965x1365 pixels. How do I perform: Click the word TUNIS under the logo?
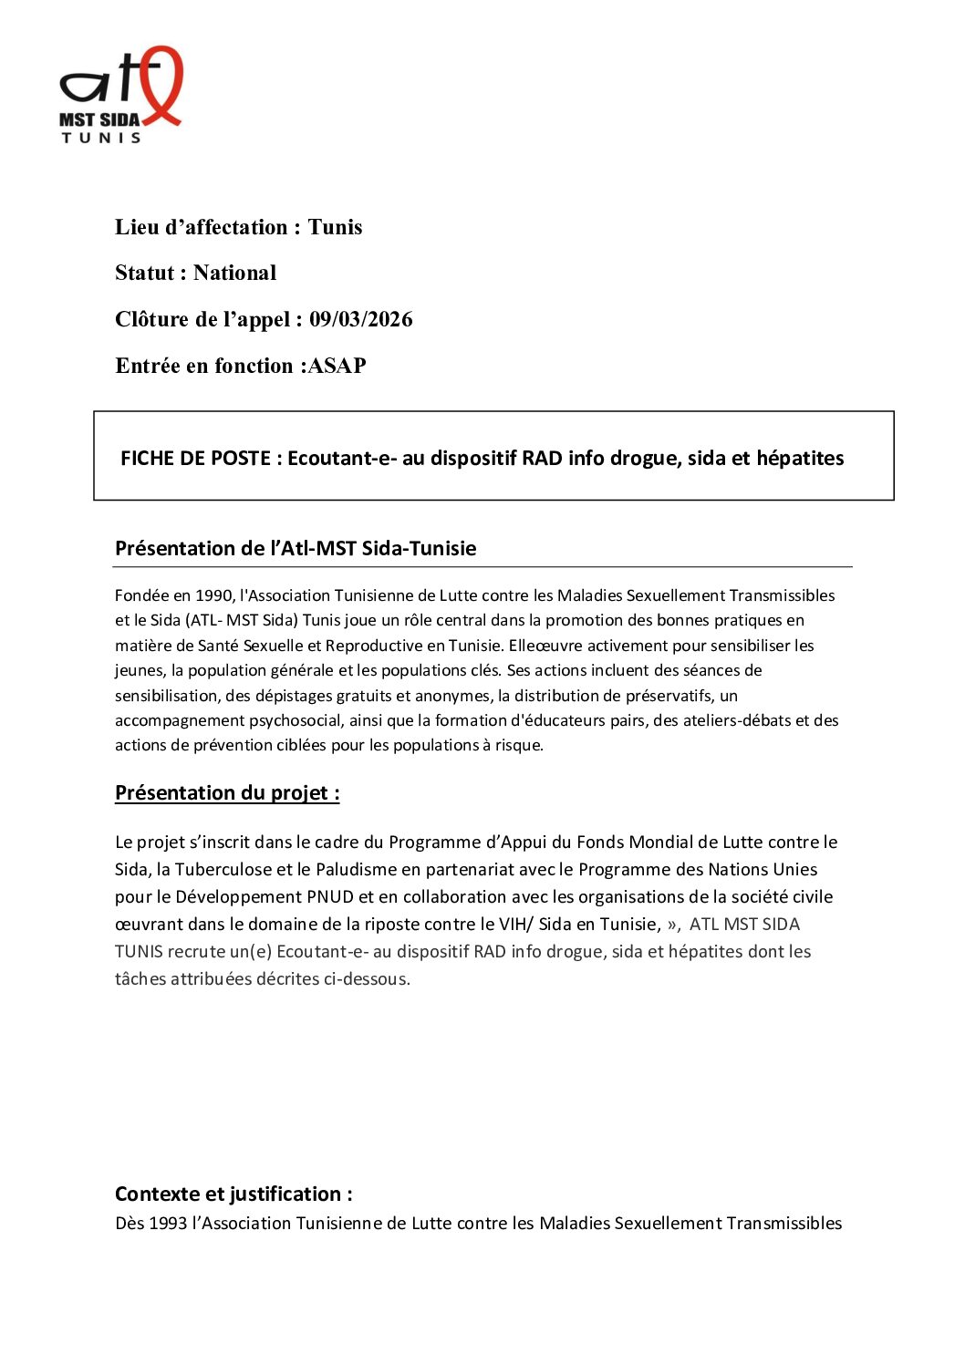[101, 138]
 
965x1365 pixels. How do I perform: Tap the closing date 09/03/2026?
[360, 319]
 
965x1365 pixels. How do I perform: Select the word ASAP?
[337, 366]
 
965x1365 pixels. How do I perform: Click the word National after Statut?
[234, 273]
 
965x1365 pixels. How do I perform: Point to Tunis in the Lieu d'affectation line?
[335, 227]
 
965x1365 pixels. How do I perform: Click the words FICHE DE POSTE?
[194, 458]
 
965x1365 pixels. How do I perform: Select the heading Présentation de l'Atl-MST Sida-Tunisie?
[296, 548]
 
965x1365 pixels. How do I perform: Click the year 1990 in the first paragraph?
[214, 595]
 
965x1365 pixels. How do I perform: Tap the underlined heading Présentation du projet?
[227, 792]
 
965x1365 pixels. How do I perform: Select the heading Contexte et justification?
[233, 1194]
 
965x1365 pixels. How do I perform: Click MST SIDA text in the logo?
[99, 119]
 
